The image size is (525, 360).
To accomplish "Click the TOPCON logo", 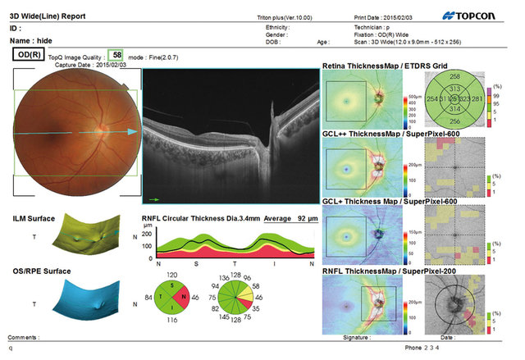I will pos(477,15).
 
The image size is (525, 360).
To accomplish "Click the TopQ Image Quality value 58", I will pos(117,56).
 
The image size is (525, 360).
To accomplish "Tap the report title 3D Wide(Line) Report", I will pos(49,15).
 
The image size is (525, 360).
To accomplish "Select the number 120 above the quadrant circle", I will pos(172,276).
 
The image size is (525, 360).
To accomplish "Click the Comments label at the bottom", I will pos(24,337).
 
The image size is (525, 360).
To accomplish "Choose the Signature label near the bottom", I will pos(357,336).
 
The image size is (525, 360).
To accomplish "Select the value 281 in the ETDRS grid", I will pos(476,98).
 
